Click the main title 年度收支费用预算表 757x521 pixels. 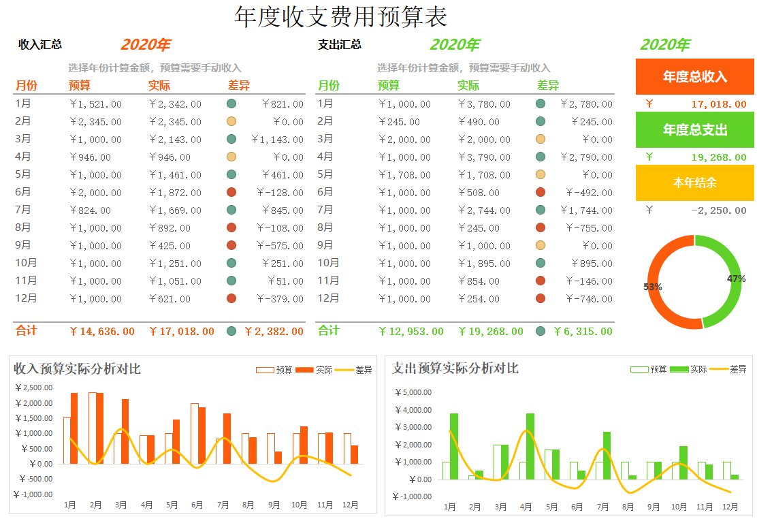pyautogui.click(x=340, y=17)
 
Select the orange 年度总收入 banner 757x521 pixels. pyautogui.click(x=695, y=76)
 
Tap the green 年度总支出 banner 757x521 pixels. pyautogui.click(x=695, y=129)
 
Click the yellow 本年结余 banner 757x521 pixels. pyautogui.click(x=695, y=183)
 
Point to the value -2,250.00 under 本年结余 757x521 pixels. pyautogui.click(x=718, y=210)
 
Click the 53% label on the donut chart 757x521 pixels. pyautogui.click(x=653, y=287)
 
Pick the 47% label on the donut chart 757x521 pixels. pyautogui.click(x=736, y=279)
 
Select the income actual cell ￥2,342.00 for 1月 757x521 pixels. pyautogui.click(x=176, y=104)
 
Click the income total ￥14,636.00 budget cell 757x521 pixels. pyautogui.click(x=102, y=332)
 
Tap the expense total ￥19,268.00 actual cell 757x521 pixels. pyautogui.click(x=491, y=332)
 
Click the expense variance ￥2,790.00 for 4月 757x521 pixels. pyautogui.click(x=586, y=157)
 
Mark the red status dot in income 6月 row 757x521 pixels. pyautogui.click(x=231, y=193)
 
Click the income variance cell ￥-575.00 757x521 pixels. pyautogui.click(x=280, y=246)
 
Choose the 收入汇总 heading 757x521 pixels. pyautogui.click(x=40, y=45)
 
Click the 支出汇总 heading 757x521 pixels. pyautogui.click(x=340, y=45)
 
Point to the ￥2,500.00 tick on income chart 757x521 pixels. pyautogui.click(x=33, y=388)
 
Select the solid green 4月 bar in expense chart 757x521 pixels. pyautogui.click(x=530, y=446)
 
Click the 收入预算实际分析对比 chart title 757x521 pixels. pyautogui.click(x=78, y=369)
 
